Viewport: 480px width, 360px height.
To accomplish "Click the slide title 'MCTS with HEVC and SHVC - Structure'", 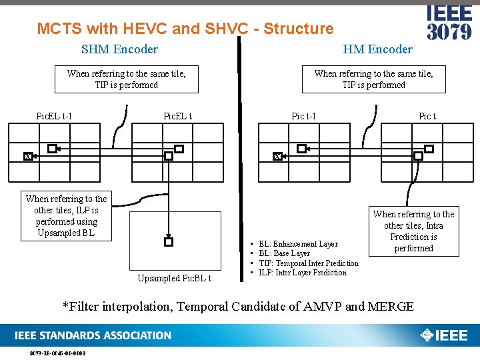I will pos(185,29).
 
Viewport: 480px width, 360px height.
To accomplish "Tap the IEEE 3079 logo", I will pos(449,23).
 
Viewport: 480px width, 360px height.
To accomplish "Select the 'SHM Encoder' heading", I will pos(119,49).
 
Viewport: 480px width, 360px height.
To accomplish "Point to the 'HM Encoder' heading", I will pos(377,49).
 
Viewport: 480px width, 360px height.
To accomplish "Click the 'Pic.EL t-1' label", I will pos(54,117).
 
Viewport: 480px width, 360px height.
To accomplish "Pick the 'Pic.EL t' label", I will pos(177,117).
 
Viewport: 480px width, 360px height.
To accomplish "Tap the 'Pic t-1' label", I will pos(304,117).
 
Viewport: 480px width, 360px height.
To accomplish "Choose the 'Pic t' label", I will pos(427,117).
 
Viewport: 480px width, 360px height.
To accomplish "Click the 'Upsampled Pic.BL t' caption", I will pos(174,278).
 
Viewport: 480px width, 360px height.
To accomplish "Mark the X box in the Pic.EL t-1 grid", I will pos(27,156).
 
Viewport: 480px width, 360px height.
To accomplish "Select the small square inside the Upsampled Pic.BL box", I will pos(169,242).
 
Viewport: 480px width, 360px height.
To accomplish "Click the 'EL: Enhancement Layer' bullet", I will pos(298,245).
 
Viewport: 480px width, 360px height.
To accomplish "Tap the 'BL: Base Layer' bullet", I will pos(284,254).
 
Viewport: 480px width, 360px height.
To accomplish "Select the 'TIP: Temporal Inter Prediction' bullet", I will pos(308,263).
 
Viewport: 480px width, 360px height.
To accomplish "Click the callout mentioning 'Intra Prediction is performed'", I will pos(413,231).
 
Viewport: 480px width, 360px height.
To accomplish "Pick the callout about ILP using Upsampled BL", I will pos(66,216).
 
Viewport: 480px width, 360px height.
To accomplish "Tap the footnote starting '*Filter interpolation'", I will pos(238,307).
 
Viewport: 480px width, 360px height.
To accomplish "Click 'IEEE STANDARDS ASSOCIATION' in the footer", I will pos(95,335).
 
